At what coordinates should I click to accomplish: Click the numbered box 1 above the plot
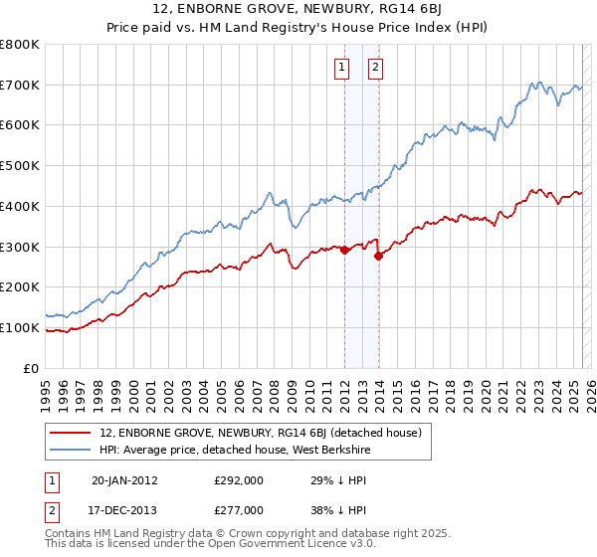click(341, 68)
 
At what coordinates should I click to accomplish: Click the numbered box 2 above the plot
click(376, 68)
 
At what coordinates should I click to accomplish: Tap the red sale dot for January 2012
click(344, 250)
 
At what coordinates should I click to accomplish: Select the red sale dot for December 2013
click(378, 256)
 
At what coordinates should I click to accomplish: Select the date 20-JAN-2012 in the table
click(124, 479)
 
